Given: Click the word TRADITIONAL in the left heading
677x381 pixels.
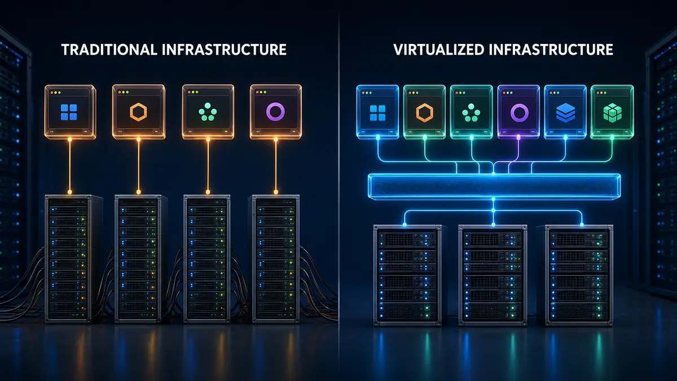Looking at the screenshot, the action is (109, 50).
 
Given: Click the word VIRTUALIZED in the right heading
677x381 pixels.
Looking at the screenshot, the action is (439, 50).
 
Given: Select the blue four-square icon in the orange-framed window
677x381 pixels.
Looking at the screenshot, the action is (69, 112).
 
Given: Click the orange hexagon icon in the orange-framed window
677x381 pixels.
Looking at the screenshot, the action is (138, 112).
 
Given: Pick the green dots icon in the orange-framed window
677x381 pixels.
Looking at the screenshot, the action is (208, 112).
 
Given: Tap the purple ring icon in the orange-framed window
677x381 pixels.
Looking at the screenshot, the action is (275, 112).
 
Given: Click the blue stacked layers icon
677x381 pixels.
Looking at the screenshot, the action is (565, 113).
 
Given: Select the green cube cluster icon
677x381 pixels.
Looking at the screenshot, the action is (612, 113).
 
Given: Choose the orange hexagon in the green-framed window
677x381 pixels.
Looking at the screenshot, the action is (425, 113).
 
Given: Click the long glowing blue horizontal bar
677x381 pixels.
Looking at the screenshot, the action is (494, 187).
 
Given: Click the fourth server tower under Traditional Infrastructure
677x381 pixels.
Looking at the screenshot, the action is (274, 259).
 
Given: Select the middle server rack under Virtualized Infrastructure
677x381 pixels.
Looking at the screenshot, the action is (493, 275).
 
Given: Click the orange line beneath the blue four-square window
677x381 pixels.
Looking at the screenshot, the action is (70, 166).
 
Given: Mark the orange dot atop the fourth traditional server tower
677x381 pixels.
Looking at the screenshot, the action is (276, 192).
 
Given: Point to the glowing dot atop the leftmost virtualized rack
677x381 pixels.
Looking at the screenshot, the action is (405, 225).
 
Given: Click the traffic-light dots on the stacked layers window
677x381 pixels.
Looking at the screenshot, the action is (554, 93).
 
